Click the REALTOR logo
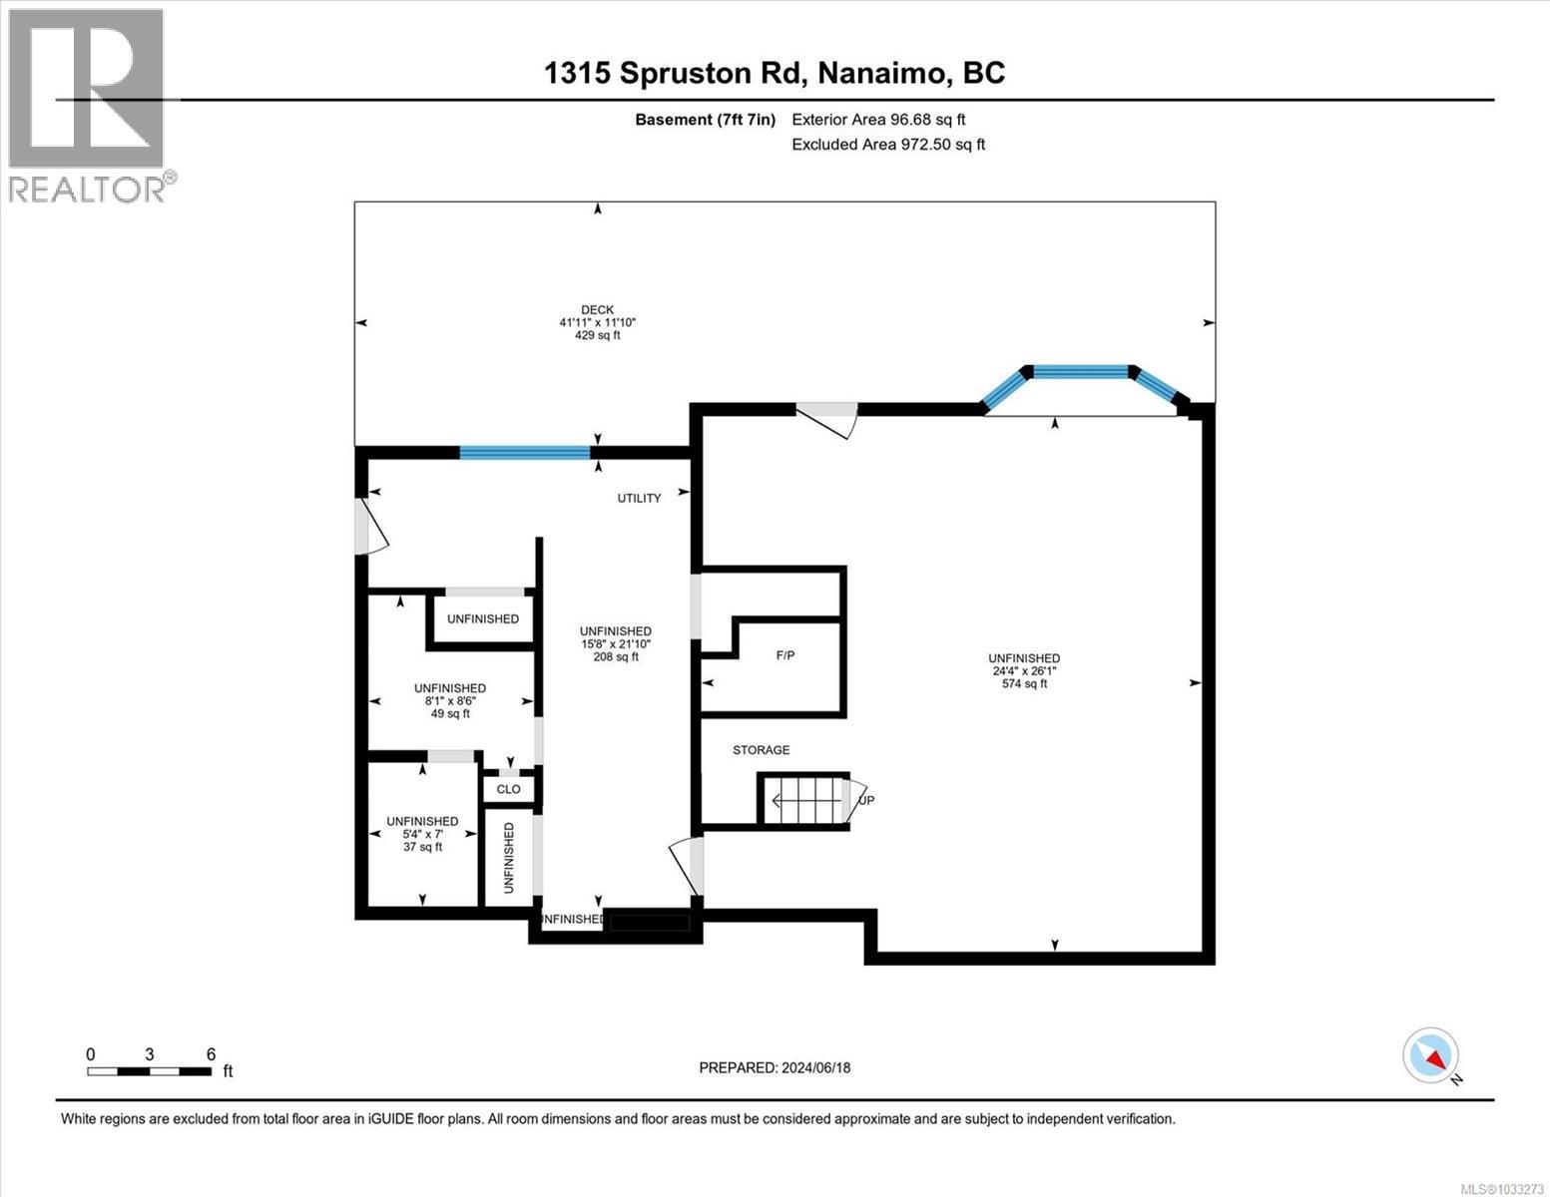point(87,104)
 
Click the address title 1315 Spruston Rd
point(775,73)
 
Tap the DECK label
point(597,309)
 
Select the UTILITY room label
point(639,498)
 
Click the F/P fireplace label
point(785,655)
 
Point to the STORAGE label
point(761,750)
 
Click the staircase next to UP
point(806,799)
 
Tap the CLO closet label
point(508,789)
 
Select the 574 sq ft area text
point(1024,684)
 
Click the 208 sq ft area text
point(616,656)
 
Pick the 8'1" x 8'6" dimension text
point(450,700)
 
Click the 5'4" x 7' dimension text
point(422,834)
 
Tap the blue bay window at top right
point(1081,373)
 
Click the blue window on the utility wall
point(525,452)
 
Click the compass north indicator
point(1431,1055)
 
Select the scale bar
point(149,1071)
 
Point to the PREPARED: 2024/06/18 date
point(775,1067)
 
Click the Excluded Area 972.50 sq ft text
point(888,145)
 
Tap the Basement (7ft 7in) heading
point(705,120)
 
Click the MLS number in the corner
point(1503,1188)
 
